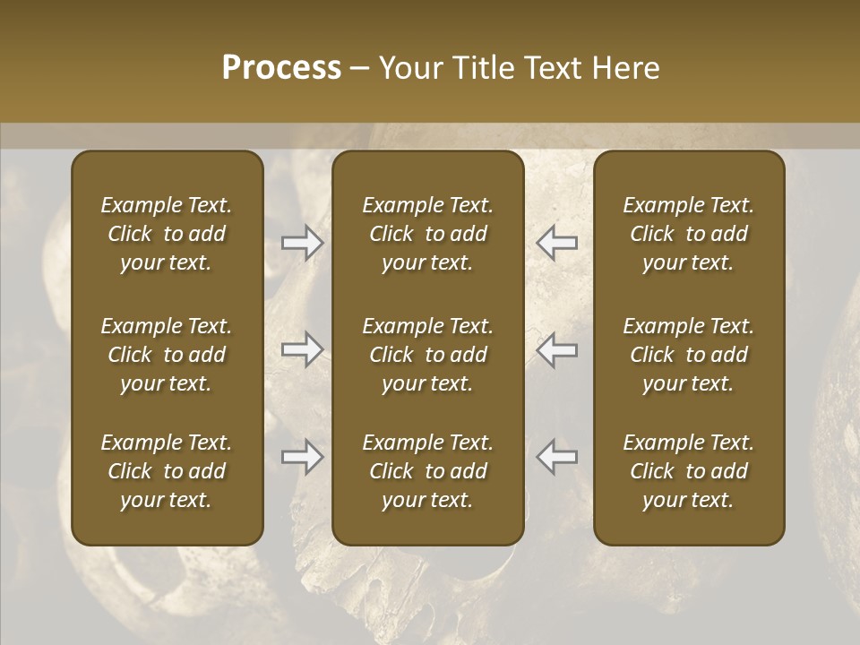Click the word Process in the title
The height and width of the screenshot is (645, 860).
tap(281, 67)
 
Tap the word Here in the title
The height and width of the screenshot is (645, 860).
tap(625, 67)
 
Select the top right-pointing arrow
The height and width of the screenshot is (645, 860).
tap(302, 242)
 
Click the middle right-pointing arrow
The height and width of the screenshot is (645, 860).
tap(302, 348)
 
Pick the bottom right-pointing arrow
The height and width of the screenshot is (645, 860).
tap(302, 457)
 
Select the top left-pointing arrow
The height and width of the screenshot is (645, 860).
tap(556, 242)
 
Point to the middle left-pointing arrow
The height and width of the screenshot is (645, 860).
tap(556, 348)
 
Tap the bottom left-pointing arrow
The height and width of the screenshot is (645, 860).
tap(556, 457)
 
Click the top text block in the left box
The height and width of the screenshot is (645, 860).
tap(167, 234)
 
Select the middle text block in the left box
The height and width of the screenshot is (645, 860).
tap(167, 355)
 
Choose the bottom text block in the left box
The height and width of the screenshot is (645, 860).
tap(167, 471)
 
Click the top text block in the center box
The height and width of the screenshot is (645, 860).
tap(428, 234)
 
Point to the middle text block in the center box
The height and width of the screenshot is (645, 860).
tap(428, 355)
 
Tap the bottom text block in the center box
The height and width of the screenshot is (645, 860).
tap(428, 471)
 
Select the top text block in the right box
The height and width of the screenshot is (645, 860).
tap(689, 234)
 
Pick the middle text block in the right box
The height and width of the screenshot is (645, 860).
tap(689, 355)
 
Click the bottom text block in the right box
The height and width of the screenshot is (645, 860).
tap(689, 471)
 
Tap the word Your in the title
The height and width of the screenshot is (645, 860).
tap(408, 67)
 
